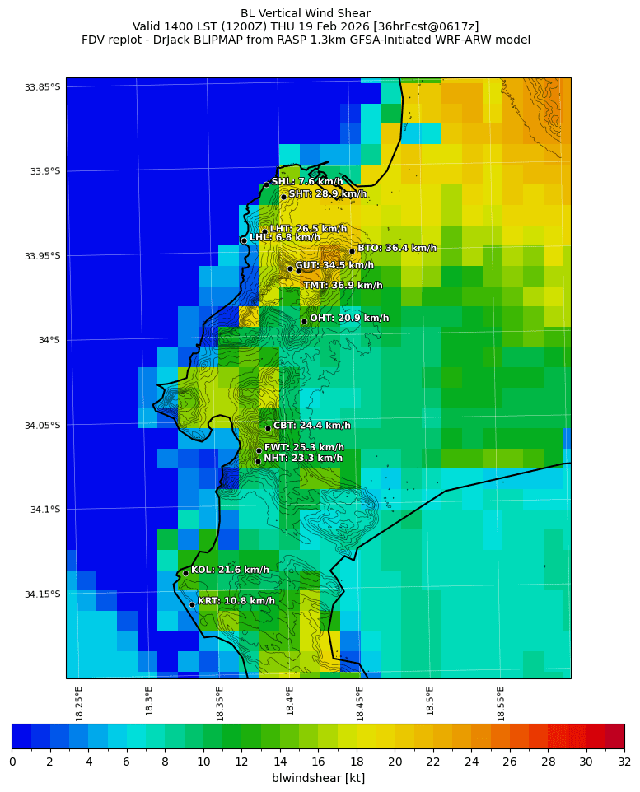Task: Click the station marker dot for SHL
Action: click(x=266, y=184)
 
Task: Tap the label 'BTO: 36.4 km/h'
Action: click(x=396, y=248)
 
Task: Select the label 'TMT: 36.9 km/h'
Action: click(x=343, y=286)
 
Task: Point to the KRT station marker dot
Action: click(x=192, y=604)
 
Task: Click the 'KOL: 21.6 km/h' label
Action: click(x=230, y=570)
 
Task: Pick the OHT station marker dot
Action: click(x=304, y=321)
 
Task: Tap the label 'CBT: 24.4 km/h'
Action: click(x=311, y=426)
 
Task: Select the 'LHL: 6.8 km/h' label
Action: click(x=284, y=237)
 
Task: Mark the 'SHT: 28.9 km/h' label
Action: click(x=327, y=193)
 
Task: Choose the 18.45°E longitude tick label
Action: click(x=360, y=703)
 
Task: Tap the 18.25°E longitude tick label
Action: click(x=79, y=703)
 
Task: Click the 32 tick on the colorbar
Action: click(x=624, y=762)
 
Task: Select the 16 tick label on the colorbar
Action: click(x=318, y=762)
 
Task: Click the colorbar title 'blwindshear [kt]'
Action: click(x=318, y=778)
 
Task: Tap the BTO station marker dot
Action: click(x=352, y=251)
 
